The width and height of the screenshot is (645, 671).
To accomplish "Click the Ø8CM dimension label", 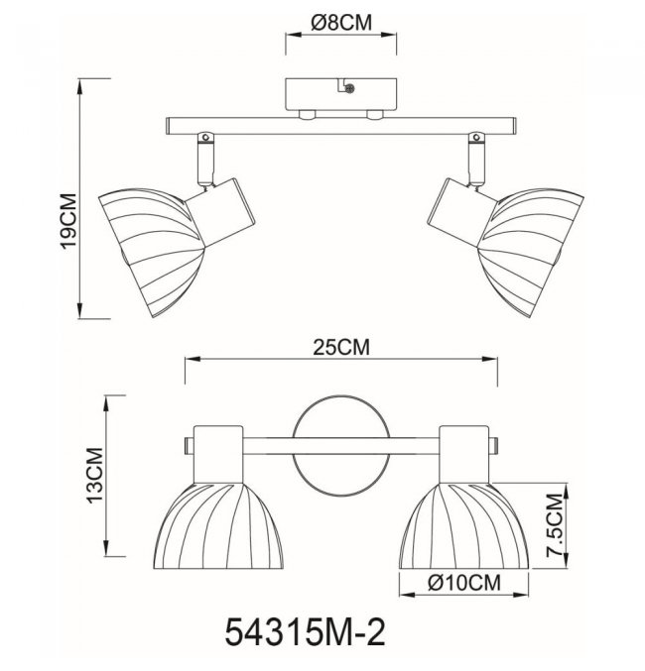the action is (341, 23).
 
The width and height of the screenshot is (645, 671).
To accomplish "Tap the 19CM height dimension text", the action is (68, 221).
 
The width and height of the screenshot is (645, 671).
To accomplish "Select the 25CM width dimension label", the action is (340, 347).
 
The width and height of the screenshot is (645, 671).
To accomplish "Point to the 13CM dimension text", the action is (95, 476).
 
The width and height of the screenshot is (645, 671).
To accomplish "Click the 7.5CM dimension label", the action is (554, 525).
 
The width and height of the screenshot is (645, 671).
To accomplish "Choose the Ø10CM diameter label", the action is (464, 583).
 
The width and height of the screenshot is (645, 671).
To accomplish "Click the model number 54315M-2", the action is (305, 632).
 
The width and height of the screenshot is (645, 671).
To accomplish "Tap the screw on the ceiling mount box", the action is (349, 89).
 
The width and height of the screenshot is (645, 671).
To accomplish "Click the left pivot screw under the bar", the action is (205, 138).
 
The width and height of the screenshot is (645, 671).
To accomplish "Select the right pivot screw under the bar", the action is (475, 138).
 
